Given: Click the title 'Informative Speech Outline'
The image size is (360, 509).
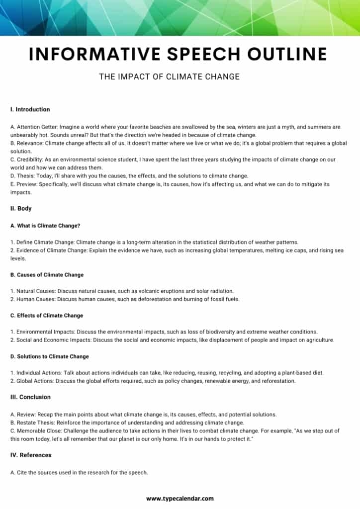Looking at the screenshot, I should (178, 54).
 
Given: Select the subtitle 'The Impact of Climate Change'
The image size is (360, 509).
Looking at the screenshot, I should (170, 77).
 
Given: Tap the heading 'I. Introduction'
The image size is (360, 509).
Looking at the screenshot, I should (30, 109).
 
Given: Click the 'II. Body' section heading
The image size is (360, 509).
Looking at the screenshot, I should (21, 209).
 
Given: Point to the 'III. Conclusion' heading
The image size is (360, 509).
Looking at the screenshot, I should (30, 397).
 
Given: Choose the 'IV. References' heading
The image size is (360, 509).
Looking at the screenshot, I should (31, 455).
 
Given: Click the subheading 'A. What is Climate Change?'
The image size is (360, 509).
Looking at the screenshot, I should (45, 226).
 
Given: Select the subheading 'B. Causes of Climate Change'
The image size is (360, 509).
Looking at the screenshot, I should (47, 275).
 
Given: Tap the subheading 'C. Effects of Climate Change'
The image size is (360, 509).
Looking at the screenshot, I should (47, 316).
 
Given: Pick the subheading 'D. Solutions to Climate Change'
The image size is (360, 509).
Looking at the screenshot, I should (50, 356).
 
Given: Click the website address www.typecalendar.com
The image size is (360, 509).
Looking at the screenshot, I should (180, 498).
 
